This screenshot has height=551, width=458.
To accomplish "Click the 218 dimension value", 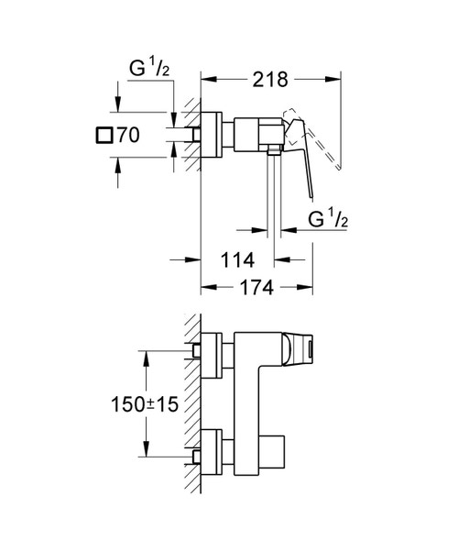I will pyautogui.click(x=270, y=80).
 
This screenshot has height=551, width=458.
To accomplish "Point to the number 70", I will pyautogui.click(x=127, y=135).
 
